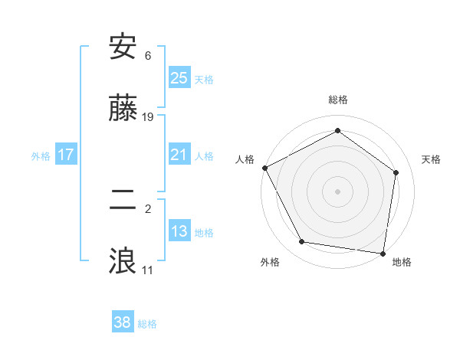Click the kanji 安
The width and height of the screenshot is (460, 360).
click(123, 48)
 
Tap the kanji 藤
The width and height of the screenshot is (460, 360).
click(123, 110)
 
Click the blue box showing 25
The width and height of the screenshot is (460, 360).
click(179, 77)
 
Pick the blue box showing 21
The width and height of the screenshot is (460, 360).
click(179, 155)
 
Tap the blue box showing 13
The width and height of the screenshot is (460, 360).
click(179, 231)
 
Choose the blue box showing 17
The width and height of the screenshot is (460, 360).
click(66, 155)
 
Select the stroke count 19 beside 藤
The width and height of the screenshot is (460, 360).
click(149, 117)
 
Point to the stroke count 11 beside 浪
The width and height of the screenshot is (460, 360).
click(149, 270)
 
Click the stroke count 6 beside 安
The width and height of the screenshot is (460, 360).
click(148, 55)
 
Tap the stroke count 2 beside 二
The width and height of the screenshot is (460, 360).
click(148, 208)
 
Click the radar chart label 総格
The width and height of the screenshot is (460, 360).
click(338, 100)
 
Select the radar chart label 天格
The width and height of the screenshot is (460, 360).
click(431, 159)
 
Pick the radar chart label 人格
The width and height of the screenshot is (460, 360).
click(245, 159)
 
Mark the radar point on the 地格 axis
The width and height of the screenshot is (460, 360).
click(383, 253)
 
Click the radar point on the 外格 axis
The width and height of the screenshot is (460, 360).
click(302, 242)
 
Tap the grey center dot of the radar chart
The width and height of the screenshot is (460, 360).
click(338, 191)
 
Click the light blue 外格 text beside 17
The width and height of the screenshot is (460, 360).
click(41, 155)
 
